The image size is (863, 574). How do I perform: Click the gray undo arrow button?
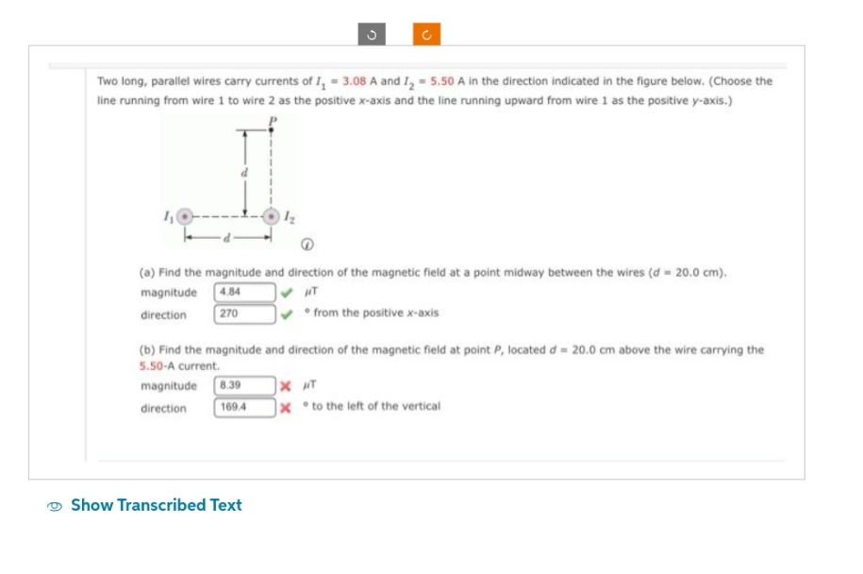tap(371, 35)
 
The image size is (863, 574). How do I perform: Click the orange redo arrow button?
tap(426, 35)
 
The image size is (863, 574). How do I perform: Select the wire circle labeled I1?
tap(186, 215)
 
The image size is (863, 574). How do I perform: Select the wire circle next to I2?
tap(273, 215)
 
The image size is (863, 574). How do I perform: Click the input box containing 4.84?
tap(244, 292)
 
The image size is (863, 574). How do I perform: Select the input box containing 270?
tap(244, 313)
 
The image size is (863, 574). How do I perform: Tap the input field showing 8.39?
tap(244, 385)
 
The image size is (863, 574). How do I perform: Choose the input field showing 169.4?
tap(244, 407)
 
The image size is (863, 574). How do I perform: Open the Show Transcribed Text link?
tap(157, 505)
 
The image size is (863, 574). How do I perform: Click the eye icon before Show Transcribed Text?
tap(57, 506)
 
